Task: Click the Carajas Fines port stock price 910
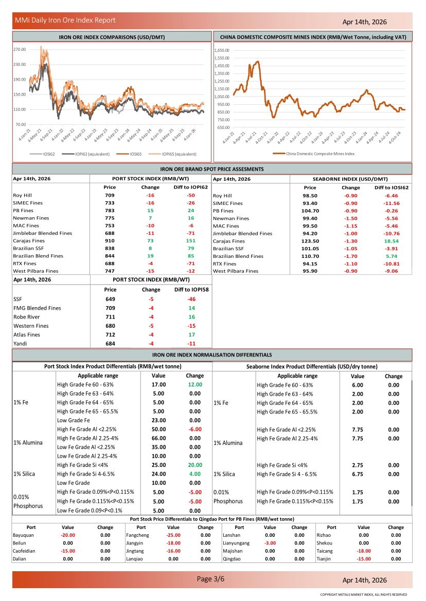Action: pos(110,241)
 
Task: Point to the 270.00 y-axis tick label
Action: pos(20,50)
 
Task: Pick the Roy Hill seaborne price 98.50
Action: pos(310,196)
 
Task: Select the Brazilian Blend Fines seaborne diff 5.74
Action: pos(392,256)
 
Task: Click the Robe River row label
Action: pos(27,317)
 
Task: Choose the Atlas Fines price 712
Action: pos(110,335)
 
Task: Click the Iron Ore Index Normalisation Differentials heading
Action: pos(212,355)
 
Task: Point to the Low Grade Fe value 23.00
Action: pos(158,421)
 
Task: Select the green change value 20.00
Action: pos(195,465)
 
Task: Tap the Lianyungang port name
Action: pos(236,542)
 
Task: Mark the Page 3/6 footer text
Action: pos(211,579)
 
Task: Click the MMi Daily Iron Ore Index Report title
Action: pos(65,21)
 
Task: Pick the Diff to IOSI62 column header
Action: pos(392,187)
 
